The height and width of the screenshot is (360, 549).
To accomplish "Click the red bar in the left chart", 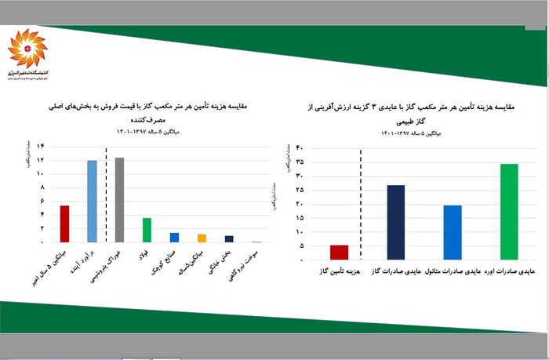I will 64,224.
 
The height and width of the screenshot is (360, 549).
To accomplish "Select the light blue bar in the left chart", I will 92,201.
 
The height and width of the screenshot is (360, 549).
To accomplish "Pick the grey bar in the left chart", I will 119,200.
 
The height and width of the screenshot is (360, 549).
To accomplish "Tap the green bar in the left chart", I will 147,230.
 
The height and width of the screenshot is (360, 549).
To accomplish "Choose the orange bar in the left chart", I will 202,238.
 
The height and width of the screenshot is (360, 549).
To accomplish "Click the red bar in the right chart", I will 339,252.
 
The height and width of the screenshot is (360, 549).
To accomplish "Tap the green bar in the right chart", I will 509,211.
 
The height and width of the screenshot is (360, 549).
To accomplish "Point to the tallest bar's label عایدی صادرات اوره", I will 510,271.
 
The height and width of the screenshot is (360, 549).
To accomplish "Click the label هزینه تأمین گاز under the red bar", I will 340,271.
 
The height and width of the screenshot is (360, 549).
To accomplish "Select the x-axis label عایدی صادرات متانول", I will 453,271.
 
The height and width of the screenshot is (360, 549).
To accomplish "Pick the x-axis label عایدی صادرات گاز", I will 396,271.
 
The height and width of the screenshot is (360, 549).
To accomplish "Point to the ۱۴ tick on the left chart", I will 39,147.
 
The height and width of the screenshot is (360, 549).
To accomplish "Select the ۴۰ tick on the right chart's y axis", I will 300,147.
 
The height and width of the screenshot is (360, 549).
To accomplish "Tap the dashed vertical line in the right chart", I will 362,204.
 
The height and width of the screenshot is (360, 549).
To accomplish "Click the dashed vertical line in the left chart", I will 106,196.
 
